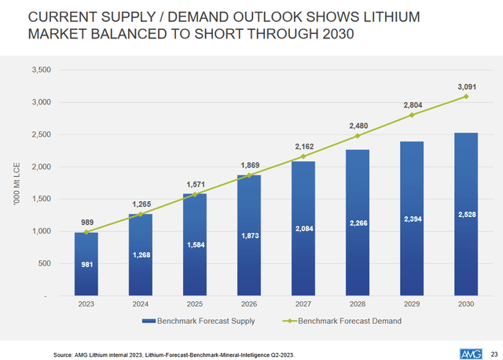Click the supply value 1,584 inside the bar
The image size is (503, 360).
[x=195, y=244]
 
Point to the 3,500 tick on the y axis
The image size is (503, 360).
[x=40, y=70]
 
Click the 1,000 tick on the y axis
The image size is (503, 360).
[x=40, y=232]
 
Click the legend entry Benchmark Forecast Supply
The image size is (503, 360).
[x=193, y=321]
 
